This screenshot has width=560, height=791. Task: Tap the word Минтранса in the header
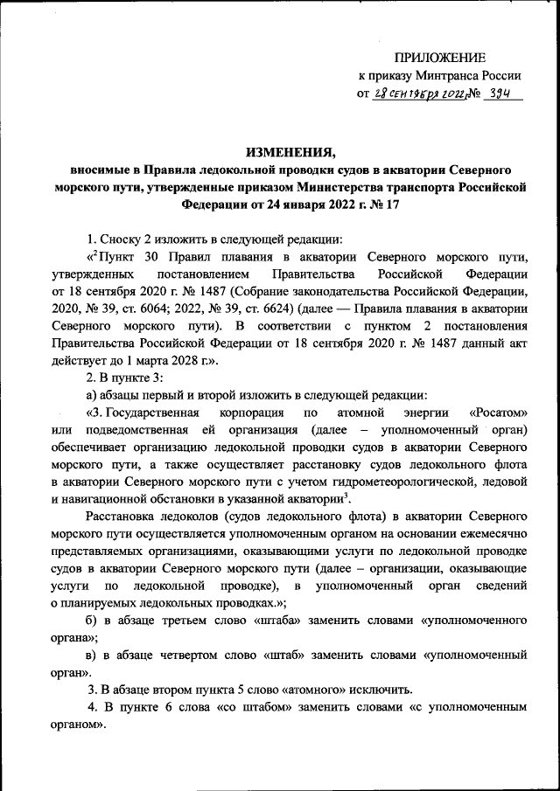tap(449, 75)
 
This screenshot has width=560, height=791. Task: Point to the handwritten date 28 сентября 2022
tap(415, 94)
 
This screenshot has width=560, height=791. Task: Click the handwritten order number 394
tap(500, 94)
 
